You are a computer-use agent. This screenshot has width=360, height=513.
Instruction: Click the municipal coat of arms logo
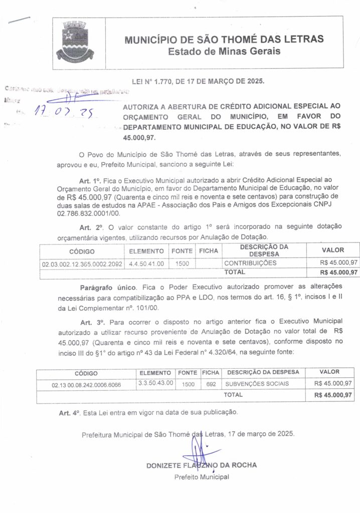(x=74, y=42)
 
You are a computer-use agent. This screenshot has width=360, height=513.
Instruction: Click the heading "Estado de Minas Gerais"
(x=224, y=51)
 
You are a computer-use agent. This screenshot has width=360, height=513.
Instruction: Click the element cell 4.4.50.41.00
(x=146, y=263)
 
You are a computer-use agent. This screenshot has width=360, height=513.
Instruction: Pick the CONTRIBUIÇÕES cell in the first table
(x=250, y=263)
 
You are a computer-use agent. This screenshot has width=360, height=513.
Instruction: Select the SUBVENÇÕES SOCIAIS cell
(x=257, y=384)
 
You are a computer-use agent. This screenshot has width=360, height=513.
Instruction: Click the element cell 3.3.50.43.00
(x=155, y=383)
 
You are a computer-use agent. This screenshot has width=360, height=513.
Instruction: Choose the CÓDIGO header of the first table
(x=82, y=251)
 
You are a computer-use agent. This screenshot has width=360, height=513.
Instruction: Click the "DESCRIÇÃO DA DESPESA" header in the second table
(x=263, y=372)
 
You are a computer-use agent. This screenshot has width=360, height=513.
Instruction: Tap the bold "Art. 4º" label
(x=69, y=413)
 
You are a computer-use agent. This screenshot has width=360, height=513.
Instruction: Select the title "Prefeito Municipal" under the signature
(x=202, y=477)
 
